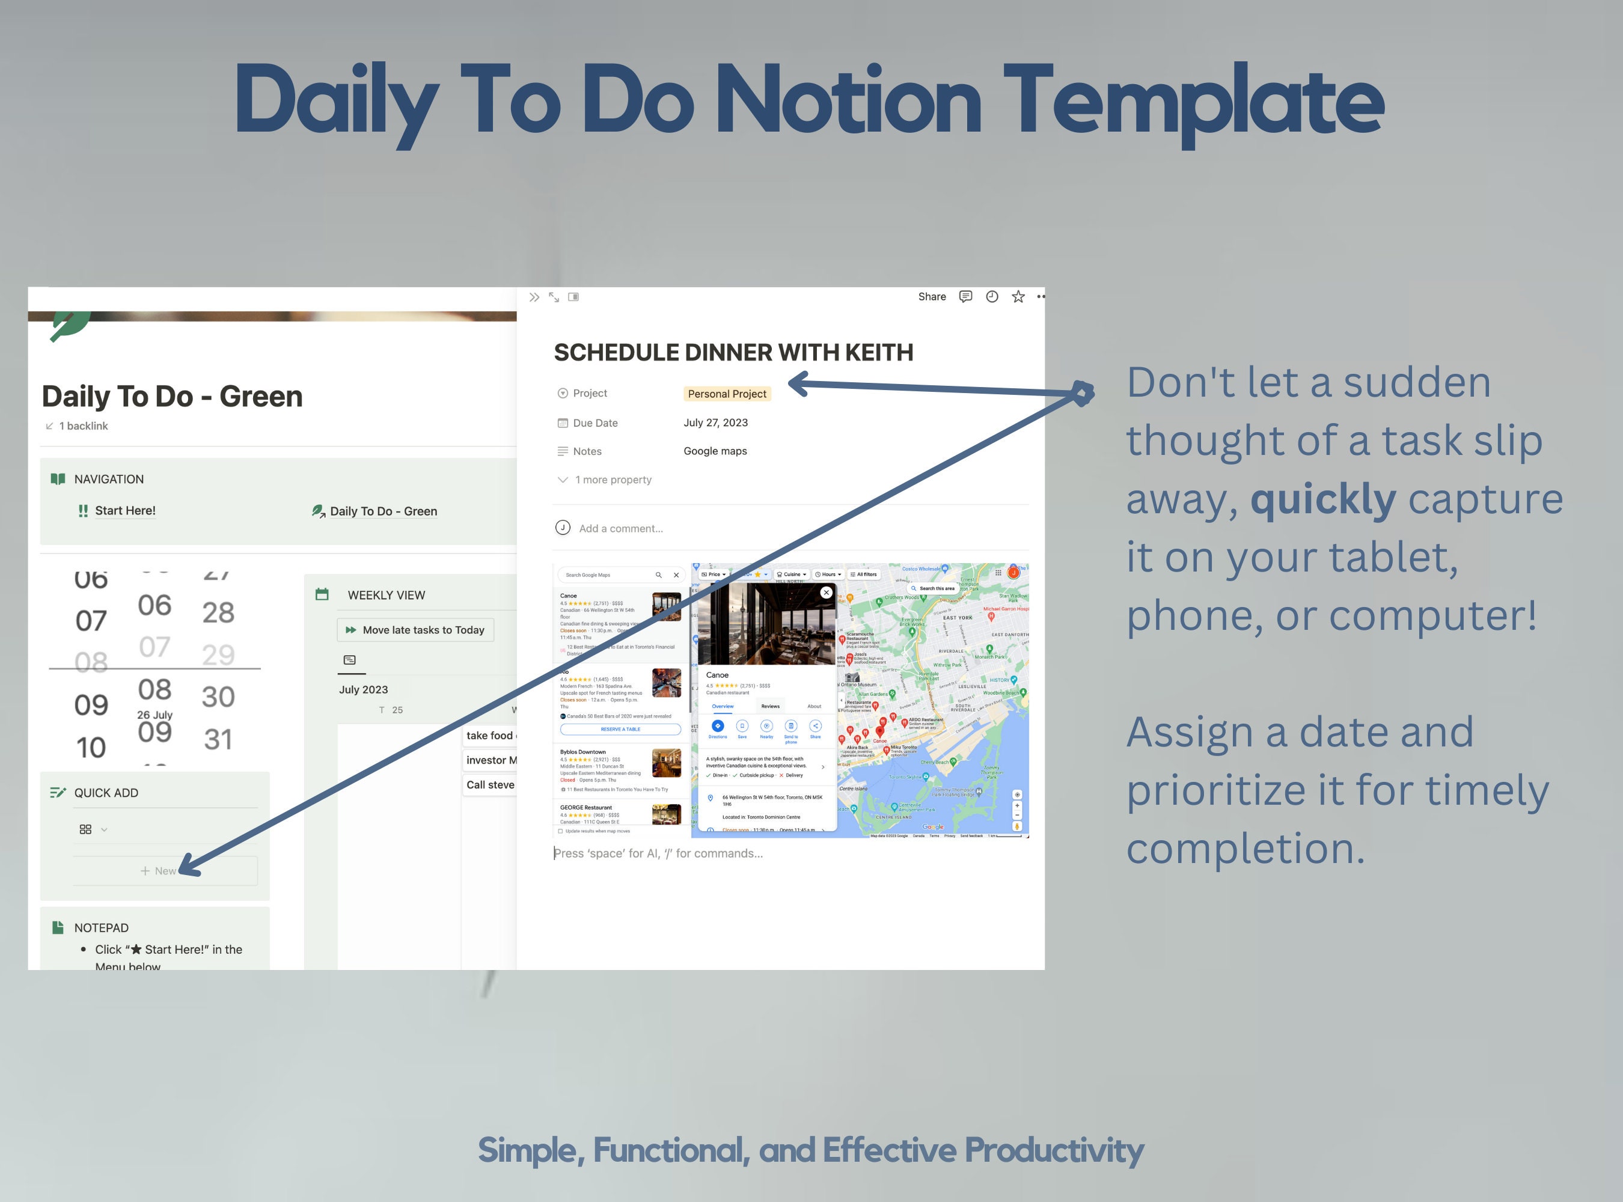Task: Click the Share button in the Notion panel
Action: [932, 297]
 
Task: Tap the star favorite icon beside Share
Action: [1018, 297]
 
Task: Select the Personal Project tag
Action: [726, 394]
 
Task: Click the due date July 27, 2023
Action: [715, 423]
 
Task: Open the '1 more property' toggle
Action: [612, 480]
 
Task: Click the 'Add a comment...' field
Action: [620, 528]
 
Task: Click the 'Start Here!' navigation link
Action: [125, 511]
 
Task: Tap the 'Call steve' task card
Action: [490, 784]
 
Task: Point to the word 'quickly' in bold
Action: [1322, 499]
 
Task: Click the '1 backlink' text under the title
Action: [83, 426]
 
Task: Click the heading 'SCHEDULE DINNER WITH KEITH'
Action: [733, 353]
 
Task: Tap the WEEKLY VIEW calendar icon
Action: [322, 594]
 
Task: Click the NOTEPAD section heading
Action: [101, 928]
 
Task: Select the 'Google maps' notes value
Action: [715, 451]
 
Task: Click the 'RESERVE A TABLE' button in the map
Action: [620, 729]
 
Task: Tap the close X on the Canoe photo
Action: [826, 592]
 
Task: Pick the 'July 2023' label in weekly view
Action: [363, 690]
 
